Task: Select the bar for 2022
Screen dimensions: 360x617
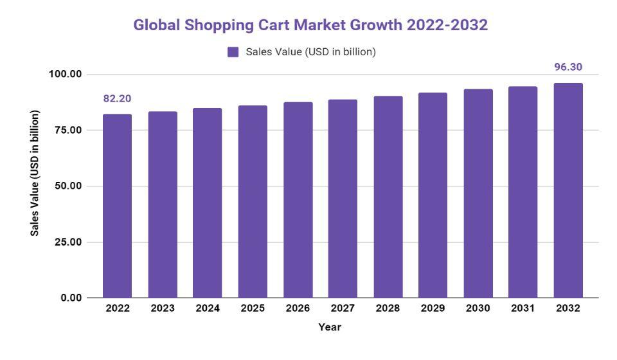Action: [117, 206]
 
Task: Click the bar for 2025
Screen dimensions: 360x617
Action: [253, 202]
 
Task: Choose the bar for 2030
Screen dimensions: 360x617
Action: [478, 194]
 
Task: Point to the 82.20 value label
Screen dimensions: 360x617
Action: [117, 99]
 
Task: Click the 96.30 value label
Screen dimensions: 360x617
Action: [568, 67]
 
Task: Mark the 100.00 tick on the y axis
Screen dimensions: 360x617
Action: [66, 75]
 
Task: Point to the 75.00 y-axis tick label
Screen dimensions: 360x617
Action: [68, 130]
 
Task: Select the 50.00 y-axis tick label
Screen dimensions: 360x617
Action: [68, 186]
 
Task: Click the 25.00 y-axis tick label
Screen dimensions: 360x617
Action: [68, 242]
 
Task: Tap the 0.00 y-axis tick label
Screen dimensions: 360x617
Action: [71, 298]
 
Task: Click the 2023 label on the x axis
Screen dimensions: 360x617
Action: [163, 309]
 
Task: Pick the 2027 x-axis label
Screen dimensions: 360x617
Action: [343, 309]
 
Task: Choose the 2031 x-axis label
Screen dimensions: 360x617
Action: [523, 309]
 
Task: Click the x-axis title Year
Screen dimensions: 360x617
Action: [330, 327]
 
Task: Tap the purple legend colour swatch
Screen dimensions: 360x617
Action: [233, 52]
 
